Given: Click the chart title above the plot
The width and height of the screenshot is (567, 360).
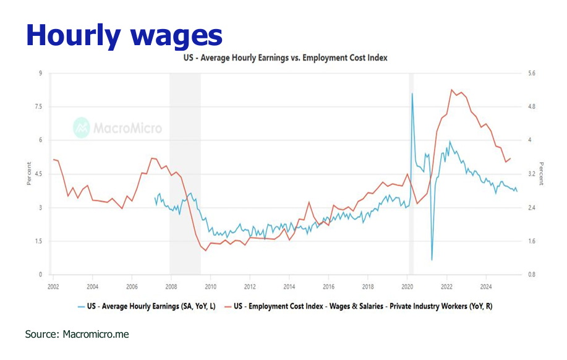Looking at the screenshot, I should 285,58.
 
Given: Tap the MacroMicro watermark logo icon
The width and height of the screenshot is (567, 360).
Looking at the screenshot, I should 82,127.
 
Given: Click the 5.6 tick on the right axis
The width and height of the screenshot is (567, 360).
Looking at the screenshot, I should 531,74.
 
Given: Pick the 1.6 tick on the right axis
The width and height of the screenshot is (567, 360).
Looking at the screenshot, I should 531,241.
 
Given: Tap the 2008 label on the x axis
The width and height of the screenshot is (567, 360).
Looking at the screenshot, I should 171,286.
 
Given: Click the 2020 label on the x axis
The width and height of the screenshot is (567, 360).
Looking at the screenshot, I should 407,286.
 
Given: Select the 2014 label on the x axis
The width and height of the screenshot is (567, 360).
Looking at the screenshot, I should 289,286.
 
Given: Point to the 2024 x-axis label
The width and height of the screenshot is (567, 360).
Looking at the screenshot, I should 486,286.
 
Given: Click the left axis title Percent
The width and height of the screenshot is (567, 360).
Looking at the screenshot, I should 28,174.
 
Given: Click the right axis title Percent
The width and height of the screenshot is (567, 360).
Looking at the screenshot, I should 541,174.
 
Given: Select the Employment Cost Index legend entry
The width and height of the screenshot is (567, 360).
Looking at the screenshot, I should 362,306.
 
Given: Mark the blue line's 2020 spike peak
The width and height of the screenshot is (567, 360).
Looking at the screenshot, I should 412,93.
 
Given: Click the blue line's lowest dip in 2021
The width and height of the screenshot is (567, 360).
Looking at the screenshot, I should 432,260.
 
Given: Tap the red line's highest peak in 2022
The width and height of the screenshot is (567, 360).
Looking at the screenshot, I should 452,90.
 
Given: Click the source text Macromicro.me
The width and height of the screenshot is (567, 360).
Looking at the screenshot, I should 77,334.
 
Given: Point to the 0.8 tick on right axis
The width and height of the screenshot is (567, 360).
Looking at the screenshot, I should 531,275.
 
